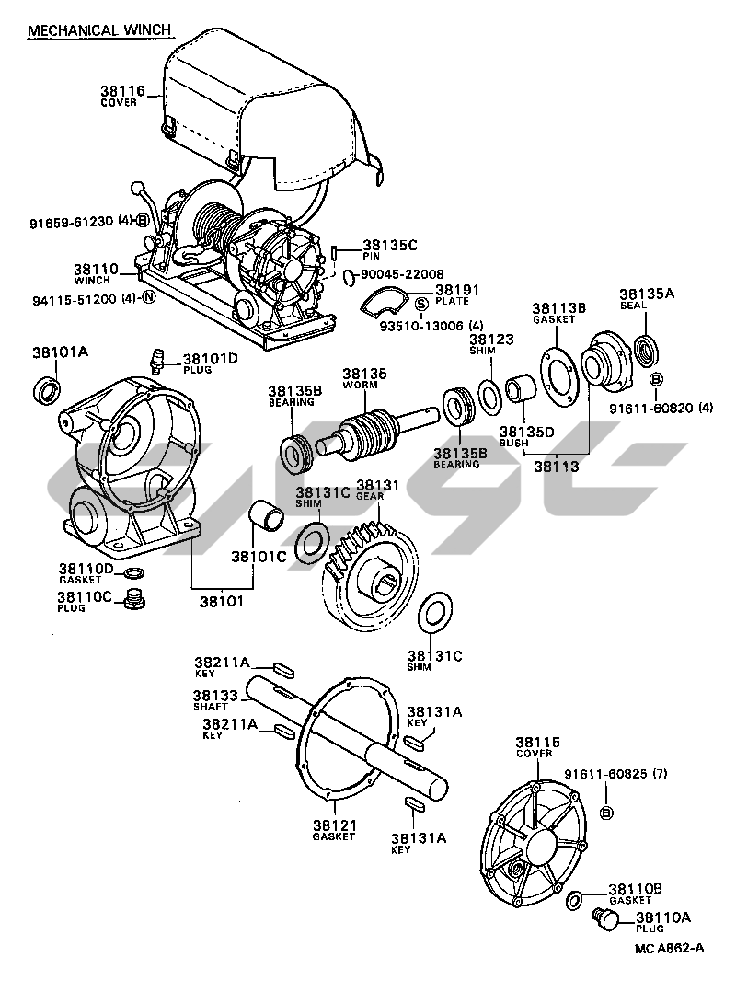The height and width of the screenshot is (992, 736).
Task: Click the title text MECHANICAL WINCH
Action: pyautogui.click(x=99, y=30)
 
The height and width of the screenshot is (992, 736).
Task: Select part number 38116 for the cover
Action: pyautogui.click(x=121, y=90)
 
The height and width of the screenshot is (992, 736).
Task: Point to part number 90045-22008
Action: pyautogui.click(x=402, y=273)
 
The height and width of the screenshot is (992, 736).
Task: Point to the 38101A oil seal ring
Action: pyautogui.click(x=47, y=390)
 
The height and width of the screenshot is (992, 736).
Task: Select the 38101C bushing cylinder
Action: pyautogui.click(x=266, y=516)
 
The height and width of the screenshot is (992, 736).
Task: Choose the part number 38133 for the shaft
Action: pyautogui.click(x=216, y=695)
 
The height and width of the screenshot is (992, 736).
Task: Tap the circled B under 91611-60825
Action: pyautogui.click(x=605, y=813)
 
